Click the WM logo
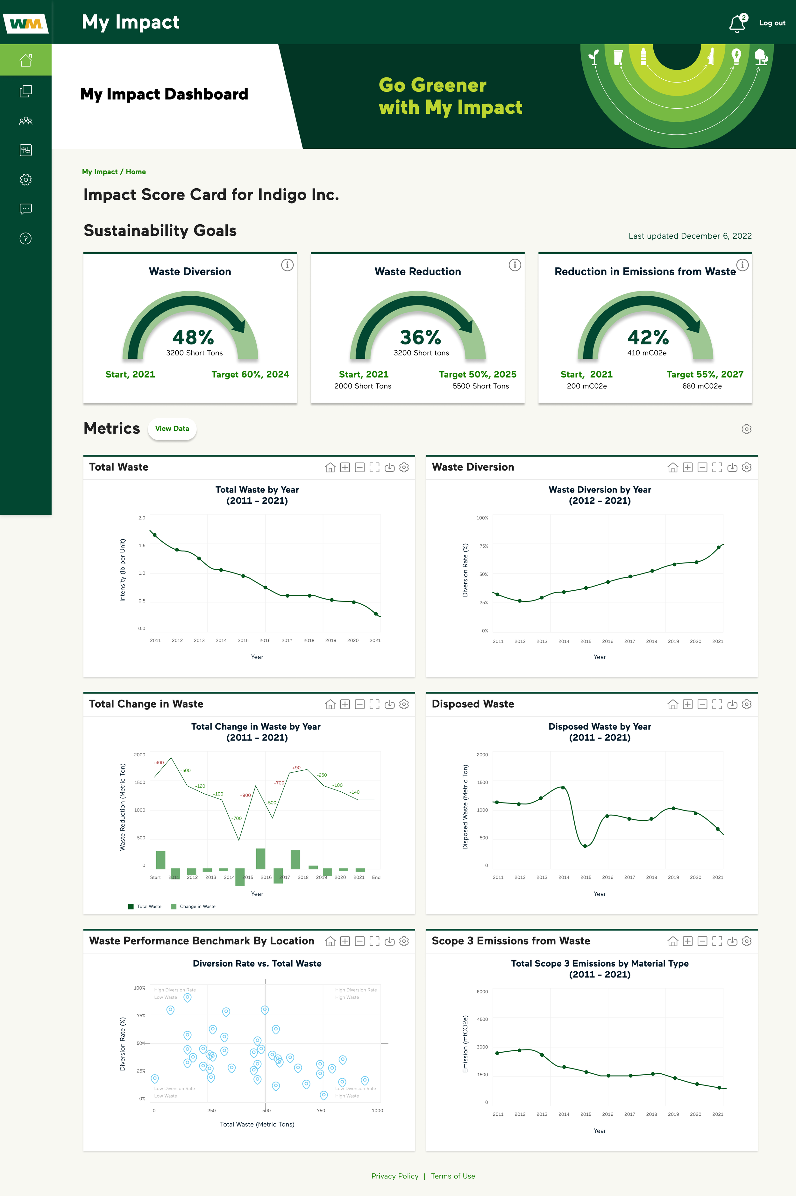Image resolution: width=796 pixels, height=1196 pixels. [x=25, y=23]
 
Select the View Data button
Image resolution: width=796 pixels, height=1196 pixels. [x=172, y=429]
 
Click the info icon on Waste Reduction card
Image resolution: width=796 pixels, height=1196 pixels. [x=515, y=265]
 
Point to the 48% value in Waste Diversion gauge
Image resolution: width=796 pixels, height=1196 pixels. [x=193, y=337]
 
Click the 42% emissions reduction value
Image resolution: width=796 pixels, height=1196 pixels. [x=648, y=337]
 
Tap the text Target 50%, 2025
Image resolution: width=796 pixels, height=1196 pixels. [x=477, y=374]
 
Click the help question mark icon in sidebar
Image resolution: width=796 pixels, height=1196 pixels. [x=25, y=239]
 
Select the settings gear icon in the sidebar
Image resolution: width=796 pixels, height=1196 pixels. [x=25, y=180]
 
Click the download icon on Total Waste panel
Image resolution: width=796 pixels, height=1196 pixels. [x=389, y=468]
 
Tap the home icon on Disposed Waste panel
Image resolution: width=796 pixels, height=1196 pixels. [x=673, y=704]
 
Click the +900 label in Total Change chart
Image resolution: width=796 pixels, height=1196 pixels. [x=245, y=795]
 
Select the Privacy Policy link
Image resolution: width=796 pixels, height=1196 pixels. [x=394, y=1176]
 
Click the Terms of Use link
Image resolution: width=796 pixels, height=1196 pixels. [x=453, y=1176]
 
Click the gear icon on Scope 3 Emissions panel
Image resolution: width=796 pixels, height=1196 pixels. [x=746, y=941]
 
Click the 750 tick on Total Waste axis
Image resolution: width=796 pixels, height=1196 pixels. [x=321, y=1111]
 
